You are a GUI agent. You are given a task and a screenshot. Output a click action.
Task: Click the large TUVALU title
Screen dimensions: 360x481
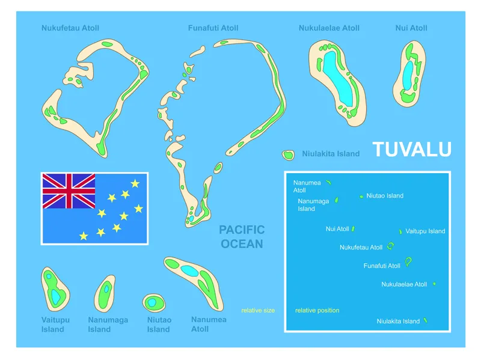click(x=412, y=149)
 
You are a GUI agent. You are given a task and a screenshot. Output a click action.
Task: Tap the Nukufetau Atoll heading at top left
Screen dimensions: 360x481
click(x=70, y=28)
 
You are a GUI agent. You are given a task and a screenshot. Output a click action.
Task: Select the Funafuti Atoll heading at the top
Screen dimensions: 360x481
click(x=213, y=28)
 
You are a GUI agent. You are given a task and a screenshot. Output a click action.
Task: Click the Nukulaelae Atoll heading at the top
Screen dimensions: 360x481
click(x=329, y=28)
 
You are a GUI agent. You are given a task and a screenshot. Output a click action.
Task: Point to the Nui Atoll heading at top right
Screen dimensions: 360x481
click(x=411, y=28)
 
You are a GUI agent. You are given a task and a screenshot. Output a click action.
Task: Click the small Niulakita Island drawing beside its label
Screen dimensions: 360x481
click(x=289, y=154)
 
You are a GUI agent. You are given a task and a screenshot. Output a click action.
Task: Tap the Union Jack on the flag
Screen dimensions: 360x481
click(x=69, y=191)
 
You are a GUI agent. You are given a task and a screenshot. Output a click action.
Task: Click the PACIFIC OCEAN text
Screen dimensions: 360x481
click(x=242, y=237)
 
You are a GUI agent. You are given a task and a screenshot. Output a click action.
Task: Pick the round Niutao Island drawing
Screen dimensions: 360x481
click(x=153, y=302)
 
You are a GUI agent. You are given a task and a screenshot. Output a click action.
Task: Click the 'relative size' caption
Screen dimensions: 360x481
click(x=258, y=311)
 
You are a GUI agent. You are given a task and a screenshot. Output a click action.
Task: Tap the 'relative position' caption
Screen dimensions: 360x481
click(x=317, y=311)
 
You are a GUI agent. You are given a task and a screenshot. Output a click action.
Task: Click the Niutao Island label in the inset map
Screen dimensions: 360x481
click(x=385, y=196)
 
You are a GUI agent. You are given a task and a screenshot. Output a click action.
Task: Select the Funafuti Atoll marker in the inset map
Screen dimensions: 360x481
click(x=408, y=261)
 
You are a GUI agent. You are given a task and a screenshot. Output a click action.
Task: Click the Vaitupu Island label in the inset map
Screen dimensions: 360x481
click(x=425, y=231)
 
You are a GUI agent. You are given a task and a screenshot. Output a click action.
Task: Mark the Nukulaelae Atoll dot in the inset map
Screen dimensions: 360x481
click(x=434, y=284)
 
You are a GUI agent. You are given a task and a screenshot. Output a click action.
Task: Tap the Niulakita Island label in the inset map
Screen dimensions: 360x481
click(x=398, y=322)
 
